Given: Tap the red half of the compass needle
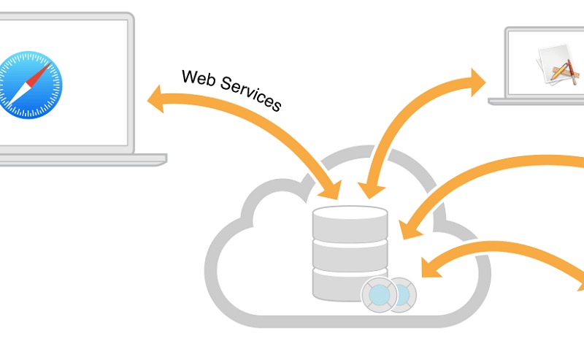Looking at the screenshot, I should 42,70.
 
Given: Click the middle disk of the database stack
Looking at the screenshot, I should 350,254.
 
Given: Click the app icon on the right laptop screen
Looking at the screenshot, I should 558,62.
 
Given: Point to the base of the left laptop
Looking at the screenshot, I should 80,158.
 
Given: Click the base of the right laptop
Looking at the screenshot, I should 537,101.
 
